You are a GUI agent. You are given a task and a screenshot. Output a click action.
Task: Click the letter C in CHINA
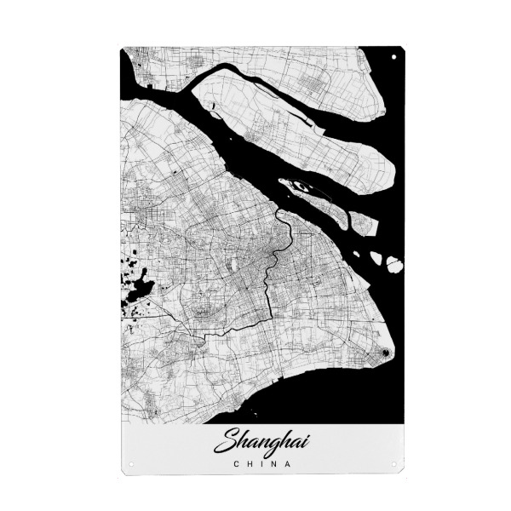click(236, 464)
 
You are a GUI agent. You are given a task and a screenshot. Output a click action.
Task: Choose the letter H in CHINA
click(249, 464)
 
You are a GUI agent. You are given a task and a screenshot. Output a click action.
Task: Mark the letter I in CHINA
click(261, 464)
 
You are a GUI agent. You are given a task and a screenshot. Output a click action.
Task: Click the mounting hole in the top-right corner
click(393, 56)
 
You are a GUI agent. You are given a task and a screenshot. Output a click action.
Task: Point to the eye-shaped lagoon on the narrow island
click(298, 185)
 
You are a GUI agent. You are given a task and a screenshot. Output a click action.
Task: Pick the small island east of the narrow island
click(364, 225)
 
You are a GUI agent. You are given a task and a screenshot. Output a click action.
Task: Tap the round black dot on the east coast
click(384, 352)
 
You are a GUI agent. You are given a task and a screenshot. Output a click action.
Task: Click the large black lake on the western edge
click(139, 287)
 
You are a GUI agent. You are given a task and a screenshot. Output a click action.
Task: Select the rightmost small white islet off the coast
click(393, 265)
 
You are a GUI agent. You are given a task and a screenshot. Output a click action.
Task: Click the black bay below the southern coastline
click(324, 400)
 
